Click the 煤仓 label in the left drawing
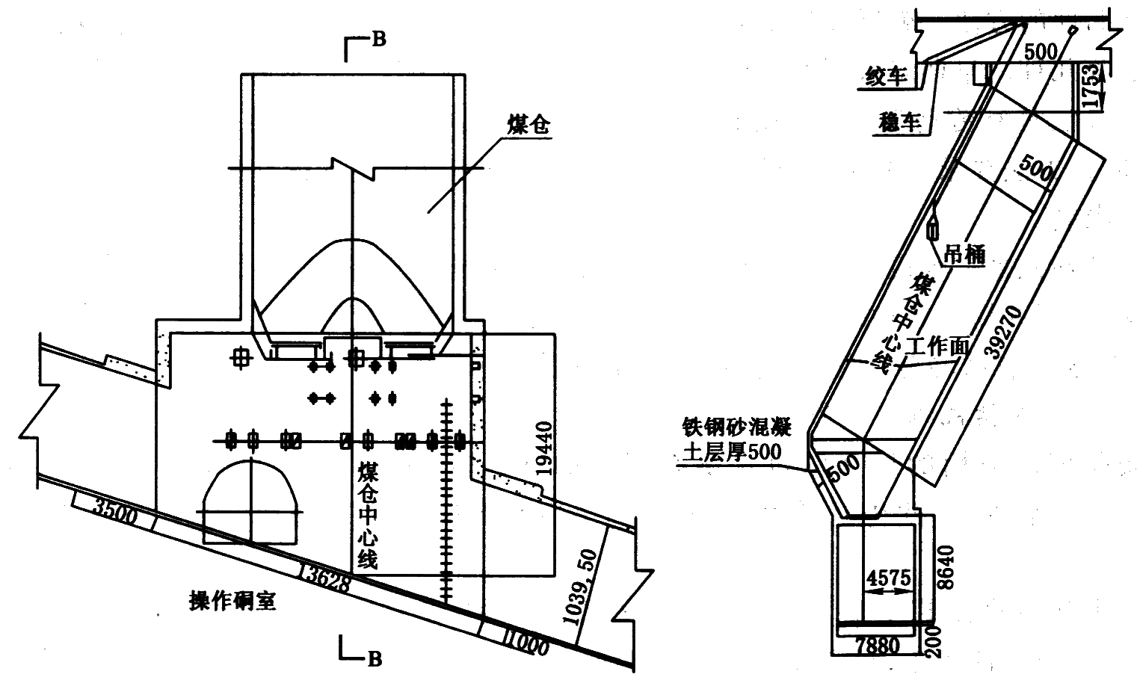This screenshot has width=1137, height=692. click(529, 126)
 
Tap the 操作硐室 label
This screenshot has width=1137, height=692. click(232, 599)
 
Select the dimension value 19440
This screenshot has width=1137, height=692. click(546, 448)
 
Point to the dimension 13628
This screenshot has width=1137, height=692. click(327, 576)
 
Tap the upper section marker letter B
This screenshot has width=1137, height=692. click(379, 40)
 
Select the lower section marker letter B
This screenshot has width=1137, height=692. click(375, 658)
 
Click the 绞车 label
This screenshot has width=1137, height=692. click(887, 76)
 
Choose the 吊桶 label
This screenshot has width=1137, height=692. click(966, 255)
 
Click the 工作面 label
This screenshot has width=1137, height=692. click(937, 346)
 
